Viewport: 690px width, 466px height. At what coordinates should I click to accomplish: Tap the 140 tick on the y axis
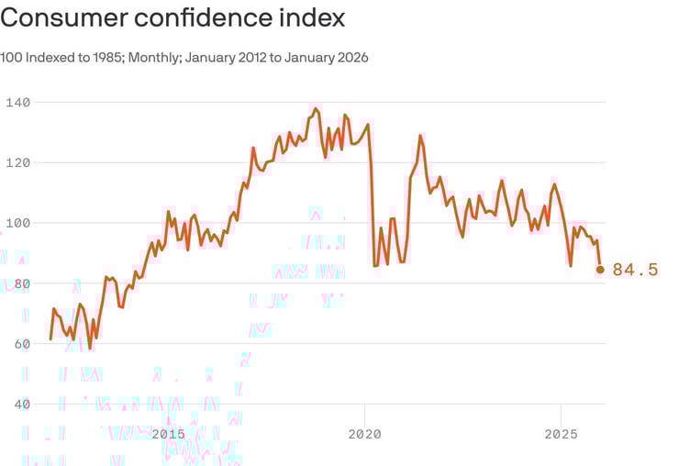16,103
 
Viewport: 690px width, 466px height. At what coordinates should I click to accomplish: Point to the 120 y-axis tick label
16,162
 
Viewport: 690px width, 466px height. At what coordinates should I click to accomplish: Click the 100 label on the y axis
16,223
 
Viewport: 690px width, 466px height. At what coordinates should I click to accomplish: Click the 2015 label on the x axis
169,433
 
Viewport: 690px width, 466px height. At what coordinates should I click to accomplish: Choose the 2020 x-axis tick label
365,433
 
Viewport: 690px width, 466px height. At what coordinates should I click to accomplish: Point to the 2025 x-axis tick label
562,433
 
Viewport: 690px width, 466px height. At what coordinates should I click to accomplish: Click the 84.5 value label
636,270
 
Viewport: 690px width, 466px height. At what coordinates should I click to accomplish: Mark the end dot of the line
601,270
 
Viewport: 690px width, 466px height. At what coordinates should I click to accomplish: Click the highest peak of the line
317,109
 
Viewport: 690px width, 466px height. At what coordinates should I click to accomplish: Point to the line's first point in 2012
50,339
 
